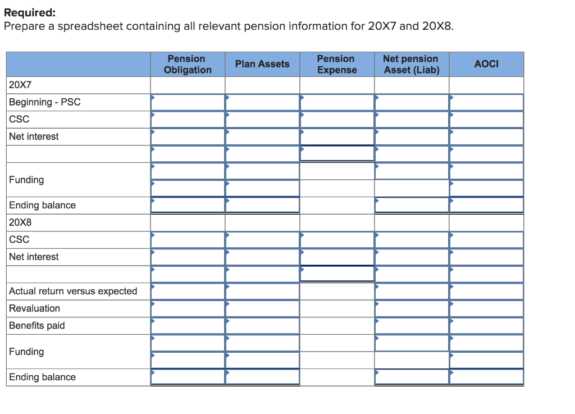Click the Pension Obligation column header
click(188, 64)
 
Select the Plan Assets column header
click(262, 64)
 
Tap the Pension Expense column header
click(336, 64)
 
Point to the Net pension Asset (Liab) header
click(411, 64)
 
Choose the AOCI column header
click(486, 64)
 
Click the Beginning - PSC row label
click(45, 102)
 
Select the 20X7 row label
click(20, 85)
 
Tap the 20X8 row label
click(20, 222)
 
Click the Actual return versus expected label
click(73, 291)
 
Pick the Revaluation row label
click(34, 308)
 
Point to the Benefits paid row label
click(37, 326)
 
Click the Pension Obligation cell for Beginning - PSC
click(188, 102)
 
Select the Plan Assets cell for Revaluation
click(262, 308)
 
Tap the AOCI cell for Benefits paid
click(486, 326)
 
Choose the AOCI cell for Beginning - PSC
click(486, 102)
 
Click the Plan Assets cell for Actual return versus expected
click(262, 291)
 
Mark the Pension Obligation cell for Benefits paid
click(188, 326)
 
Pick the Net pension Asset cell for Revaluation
click(411, 308)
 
